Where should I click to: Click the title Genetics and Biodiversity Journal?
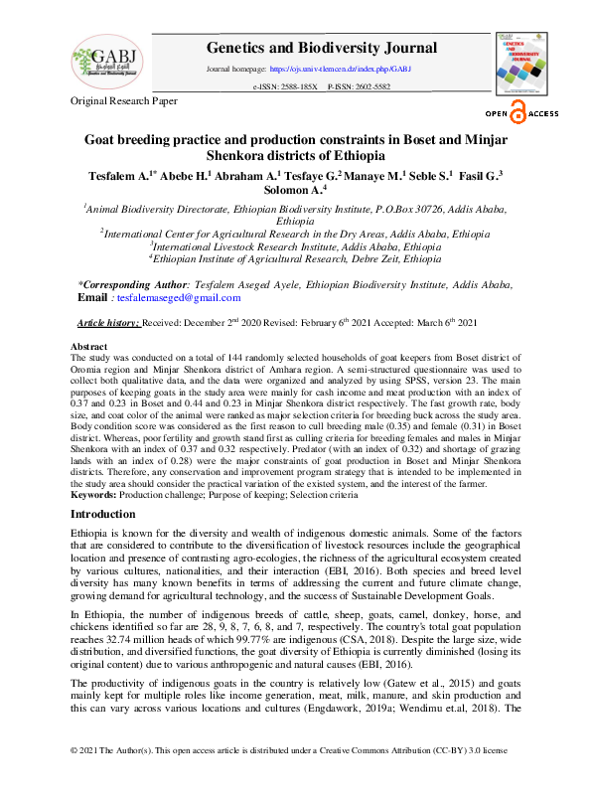tap(322, 48)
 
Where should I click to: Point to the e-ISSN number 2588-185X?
tap(297, 87)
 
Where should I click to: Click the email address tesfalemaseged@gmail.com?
tap(180, 297)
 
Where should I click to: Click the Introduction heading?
tap(104, 514)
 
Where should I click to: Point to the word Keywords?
tap(93, 494)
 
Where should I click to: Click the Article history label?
tap(109, 324)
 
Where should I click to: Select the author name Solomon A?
tap(294, 189)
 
